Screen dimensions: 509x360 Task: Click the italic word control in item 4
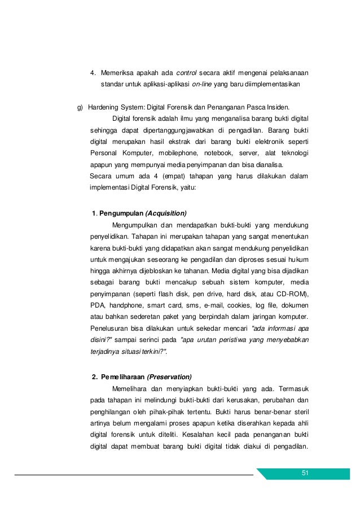(x=186, y=73)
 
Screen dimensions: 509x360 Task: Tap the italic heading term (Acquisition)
(x=166, y=213)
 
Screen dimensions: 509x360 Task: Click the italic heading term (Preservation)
(x=169, y=377)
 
